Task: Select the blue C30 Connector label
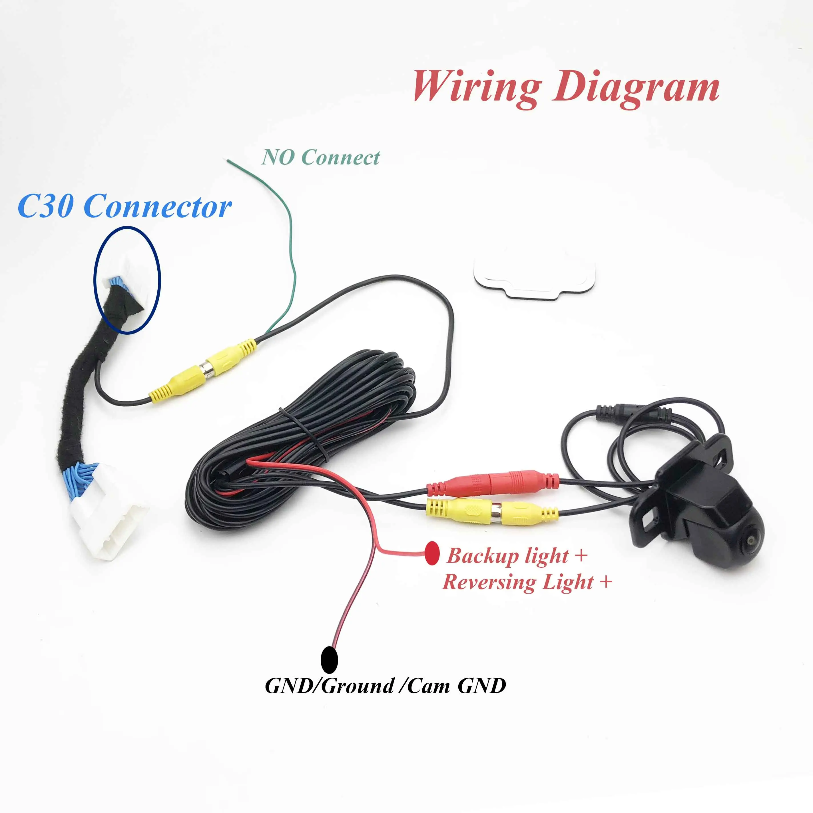point(125,207)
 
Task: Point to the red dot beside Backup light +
point(432,553)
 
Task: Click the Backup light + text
point(516,555)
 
